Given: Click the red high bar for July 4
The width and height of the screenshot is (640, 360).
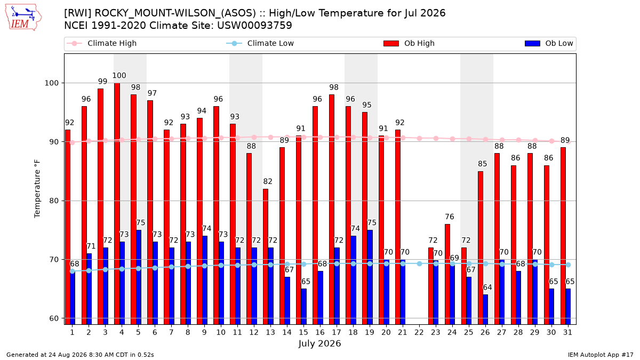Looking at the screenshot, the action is [x=117, y=204].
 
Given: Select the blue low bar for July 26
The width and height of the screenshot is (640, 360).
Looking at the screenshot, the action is [x=485, y=309].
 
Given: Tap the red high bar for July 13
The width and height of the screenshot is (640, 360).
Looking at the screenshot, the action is [x=266, y=257].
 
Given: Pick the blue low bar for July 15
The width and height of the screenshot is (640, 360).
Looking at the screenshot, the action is [x=303, y=307].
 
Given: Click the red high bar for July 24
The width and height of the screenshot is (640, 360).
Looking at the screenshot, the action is [x=447, y=274].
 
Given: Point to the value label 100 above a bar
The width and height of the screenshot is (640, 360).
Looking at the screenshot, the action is [x=119, y=75].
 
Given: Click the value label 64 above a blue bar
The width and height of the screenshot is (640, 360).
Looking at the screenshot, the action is [x=487, y=287].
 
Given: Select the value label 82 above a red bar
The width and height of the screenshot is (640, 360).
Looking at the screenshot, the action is [x=267, y=181].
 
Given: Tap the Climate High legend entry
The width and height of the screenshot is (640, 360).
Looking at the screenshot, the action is [x=101, y=43].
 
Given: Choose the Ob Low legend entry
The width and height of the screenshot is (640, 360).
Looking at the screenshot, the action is [x=549, y=43].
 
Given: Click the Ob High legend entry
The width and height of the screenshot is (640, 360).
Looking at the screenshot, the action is [x=409, y=43].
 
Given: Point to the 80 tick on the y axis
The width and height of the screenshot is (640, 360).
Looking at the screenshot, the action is [x=54, y=201].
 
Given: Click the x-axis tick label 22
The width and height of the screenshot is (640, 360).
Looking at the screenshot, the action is [x=419, y=332].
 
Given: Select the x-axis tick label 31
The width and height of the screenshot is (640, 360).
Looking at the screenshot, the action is [x=567, y=332].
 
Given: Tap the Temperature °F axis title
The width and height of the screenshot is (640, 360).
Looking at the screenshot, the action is [x=37, y=189].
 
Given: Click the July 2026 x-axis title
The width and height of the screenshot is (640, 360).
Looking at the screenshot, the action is [x=319, y=343].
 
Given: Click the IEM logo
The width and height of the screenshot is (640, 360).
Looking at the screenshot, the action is [x=23, y=18].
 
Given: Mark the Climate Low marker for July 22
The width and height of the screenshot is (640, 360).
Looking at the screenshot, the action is [x=419, y=263].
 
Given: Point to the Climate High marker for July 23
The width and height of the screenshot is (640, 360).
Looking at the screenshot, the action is [x=436, y=138].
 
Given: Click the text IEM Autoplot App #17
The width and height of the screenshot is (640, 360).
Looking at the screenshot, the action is [x=601, y=355].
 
